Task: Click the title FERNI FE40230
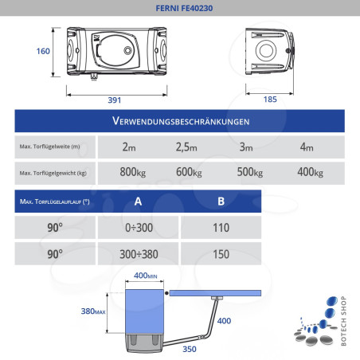point(179,7)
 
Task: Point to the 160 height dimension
point(43,52)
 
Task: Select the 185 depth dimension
point(269,100)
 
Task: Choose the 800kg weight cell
point(132,173)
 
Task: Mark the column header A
point(139,201)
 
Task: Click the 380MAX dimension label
point(92,311)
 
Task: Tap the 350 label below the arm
point(190,349)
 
